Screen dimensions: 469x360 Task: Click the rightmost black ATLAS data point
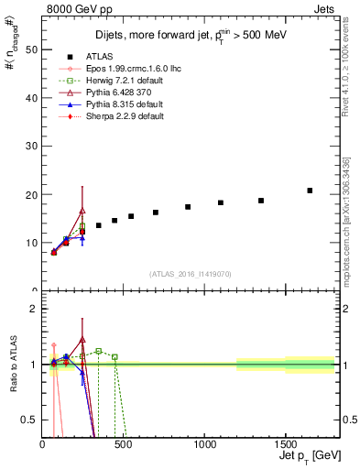click(310, 191)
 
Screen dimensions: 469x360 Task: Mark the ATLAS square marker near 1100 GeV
click(221, 202)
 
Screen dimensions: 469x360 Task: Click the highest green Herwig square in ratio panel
click(98, 351)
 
